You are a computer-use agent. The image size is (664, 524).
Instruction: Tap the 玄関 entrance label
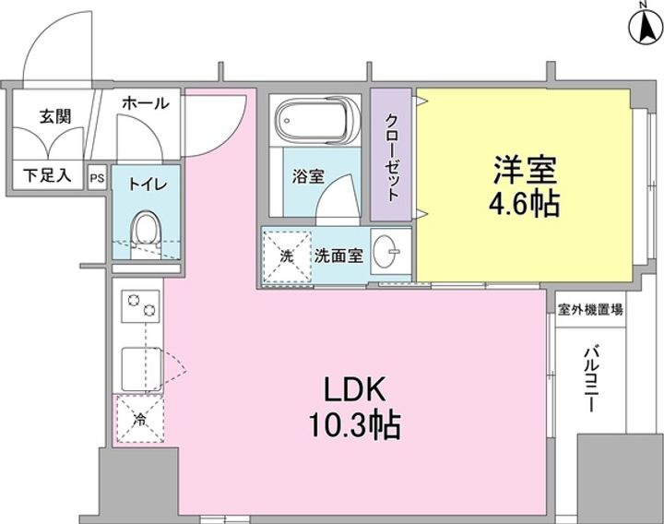(55, 117)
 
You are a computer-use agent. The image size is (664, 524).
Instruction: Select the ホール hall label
(146, 103)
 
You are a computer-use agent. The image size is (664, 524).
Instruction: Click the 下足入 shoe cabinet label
(47, 174)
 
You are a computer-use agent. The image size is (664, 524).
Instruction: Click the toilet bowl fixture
(146, 228)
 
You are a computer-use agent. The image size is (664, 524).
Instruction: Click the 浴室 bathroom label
(307, 176)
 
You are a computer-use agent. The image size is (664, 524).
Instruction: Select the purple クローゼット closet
(393, 154)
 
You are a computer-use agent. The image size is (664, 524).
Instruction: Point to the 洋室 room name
(526, 169)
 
